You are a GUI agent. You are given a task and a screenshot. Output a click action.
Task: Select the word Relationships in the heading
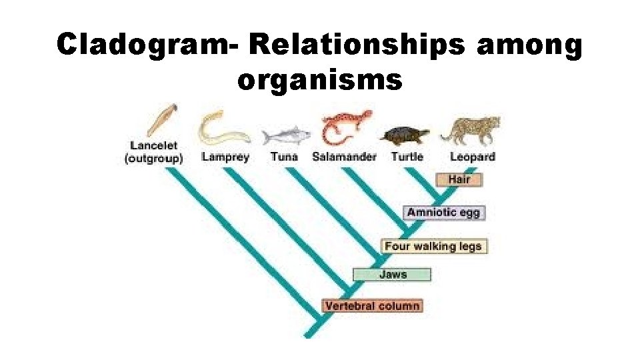[x=359, y=46]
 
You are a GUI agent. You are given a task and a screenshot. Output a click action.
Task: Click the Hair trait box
[x=459, y=179]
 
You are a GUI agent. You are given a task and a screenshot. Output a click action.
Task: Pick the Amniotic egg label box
[x=443, y=213]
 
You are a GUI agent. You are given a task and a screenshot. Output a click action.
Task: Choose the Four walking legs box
[x=433, y=246]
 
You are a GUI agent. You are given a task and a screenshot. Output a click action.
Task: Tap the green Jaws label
[x=392, y=274]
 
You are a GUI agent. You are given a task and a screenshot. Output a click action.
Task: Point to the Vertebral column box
[x=372, y=306]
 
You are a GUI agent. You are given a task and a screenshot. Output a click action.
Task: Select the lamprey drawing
[x=221, y=128]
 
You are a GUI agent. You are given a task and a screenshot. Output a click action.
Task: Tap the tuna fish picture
[x=285, y=136]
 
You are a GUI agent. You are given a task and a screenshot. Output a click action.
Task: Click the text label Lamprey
[x=225, y=157]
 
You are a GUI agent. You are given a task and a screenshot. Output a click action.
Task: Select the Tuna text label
[x=284, y=157]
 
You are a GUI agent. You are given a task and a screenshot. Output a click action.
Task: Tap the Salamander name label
[x=344, y=157]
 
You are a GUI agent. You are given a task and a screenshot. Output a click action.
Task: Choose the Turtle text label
[x=407, y=157]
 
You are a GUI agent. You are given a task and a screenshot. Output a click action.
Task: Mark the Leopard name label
[x=472, y=157]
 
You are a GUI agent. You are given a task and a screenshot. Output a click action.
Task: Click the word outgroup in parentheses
[x=154, y=159]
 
